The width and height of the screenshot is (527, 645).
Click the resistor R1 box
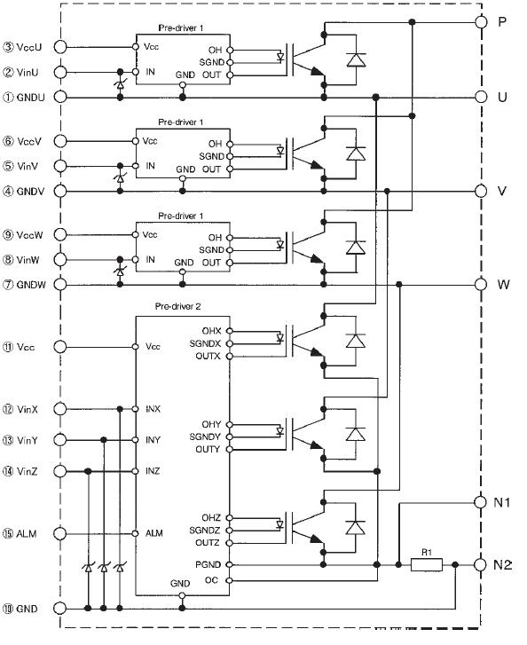427,564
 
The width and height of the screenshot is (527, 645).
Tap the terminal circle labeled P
481,22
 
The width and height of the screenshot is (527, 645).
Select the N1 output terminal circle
481,502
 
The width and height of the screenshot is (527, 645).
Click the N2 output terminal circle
481,565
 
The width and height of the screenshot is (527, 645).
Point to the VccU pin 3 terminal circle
60,47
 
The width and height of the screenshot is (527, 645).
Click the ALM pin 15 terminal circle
60,533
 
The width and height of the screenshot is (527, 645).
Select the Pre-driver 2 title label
177,306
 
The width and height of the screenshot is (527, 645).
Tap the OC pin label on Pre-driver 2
211,580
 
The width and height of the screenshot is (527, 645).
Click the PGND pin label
208,564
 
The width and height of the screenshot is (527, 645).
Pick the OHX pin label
211,331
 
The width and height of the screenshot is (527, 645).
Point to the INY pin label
153,440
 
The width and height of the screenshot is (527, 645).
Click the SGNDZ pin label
204,531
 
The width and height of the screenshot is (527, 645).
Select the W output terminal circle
481,284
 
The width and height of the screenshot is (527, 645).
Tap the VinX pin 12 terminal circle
60,409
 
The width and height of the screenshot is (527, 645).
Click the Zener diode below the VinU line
120,85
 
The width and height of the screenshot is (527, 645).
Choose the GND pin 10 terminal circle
60,609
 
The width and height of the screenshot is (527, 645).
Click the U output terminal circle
481,97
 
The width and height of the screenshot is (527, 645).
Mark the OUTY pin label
208,449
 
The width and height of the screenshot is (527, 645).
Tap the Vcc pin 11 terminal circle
60,347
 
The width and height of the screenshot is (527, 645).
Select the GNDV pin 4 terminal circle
60,191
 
